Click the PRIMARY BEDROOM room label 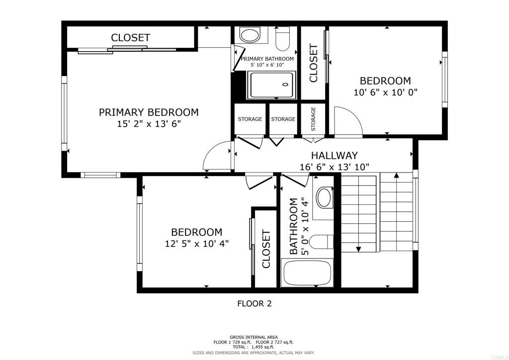(x=148, y=112)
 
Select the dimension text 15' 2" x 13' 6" (x=148, y=124)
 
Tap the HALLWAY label (x=334, y=156)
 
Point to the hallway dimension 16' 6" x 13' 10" (x=334, y=168)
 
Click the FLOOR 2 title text (x=254, y=303)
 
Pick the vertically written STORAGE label (x=313, y=119)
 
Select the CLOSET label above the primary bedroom (x=130, y=38)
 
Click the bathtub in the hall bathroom (x=307, y=273)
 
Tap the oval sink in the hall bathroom (x=325, y=197)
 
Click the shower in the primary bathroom (x=271, y=85)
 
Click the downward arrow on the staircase (x=358, y=248)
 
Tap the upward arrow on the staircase (x=397, y=176)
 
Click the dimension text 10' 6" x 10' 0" (x=385, y=92)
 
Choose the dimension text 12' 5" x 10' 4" (x=196, y=244)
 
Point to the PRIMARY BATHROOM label (x=267, y=59)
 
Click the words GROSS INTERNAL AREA (x=254, y=337)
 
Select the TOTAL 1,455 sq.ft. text (x=254, y=347)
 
